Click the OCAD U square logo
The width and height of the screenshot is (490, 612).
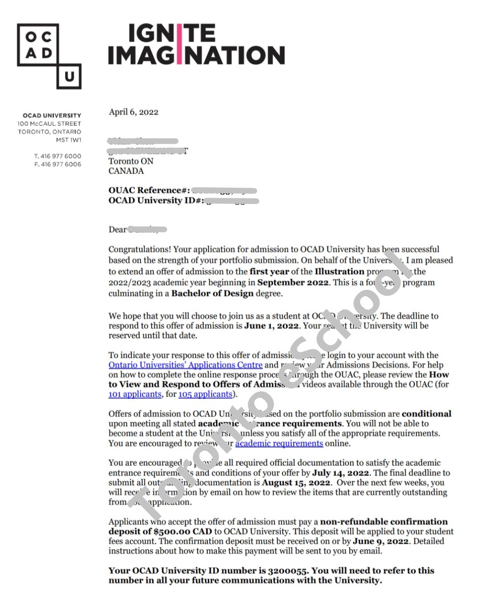coord(49,56)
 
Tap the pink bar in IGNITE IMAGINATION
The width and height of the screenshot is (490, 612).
coord(178,44)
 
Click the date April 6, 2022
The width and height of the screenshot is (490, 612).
coord(134,112)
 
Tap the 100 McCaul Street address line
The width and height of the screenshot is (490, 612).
coord(49,124)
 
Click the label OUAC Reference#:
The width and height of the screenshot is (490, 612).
coord(149,191)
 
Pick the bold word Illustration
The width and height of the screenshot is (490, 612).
coord(339,272)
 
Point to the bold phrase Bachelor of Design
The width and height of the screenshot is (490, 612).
coord(212,294)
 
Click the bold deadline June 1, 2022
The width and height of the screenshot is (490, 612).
coord(272,326)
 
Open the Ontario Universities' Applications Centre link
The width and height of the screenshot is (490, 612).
coord(185,365)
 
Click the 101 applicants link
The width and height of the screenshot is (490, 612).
coord(135,395)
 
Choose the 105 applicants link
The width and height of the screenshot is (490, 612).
coord(205,395)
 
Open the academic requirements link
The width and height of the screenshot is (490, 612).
coord(279,443)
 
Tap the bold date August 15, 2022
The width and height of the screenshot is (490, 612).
coord(296,483)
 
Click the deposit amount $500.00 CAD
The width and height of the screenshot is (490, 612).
coord(183,532)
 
